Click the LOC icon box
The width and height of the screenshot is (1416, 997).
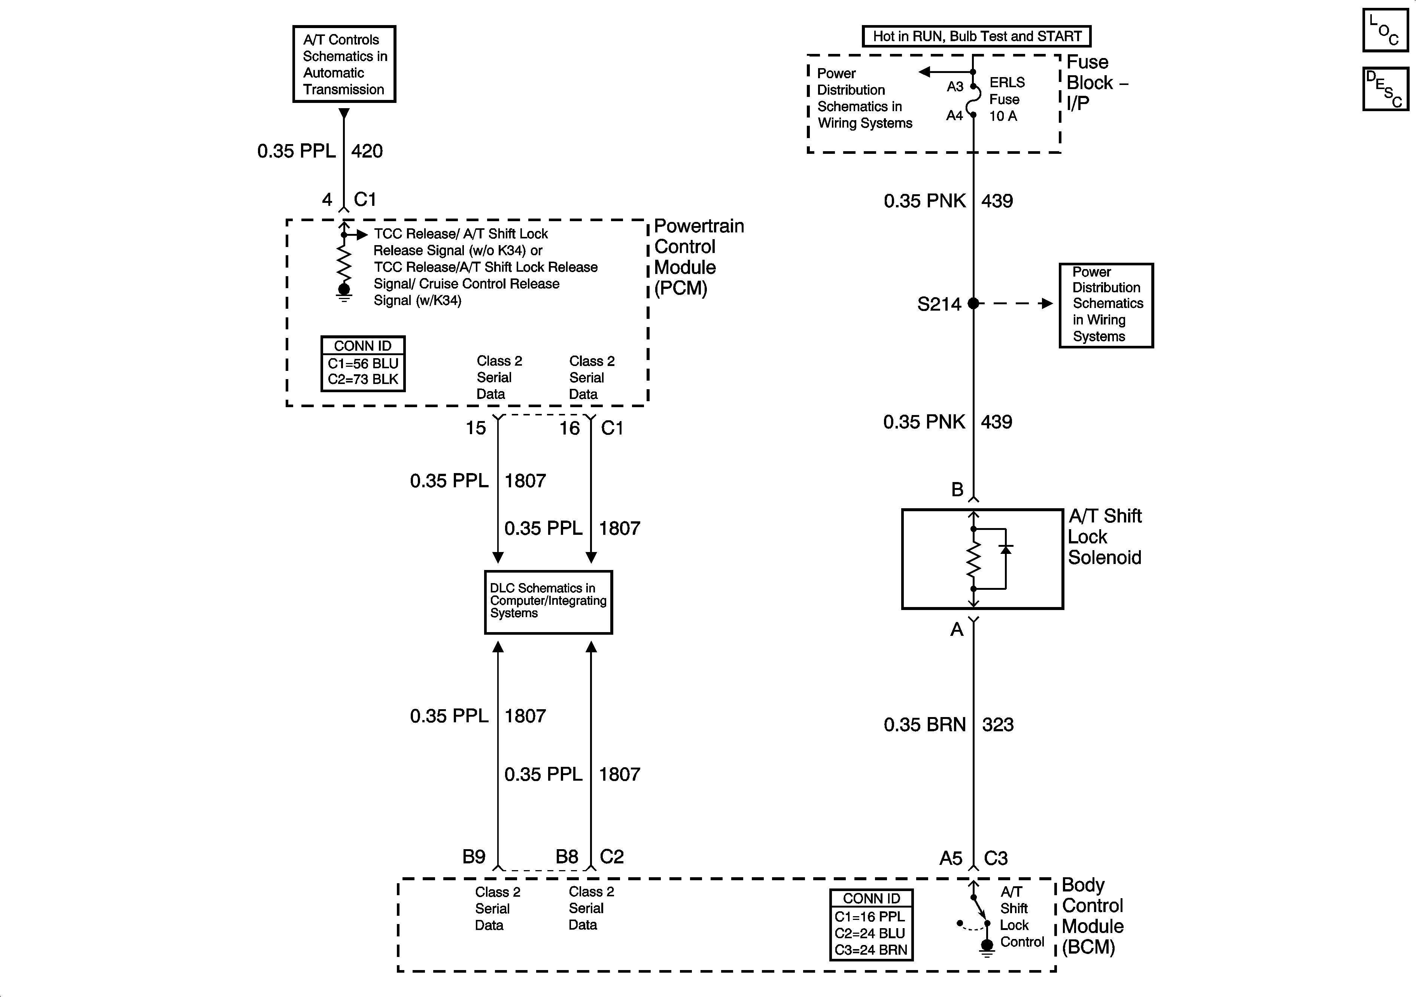[x=1385, y=30]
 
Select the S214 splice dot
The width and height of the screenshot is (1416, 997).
[x=973, y=304]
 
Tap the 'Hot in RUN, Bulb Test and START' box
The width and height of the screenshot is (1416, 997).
[x=976, y=36]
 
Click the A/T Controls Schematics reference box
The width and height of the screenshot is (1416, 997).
[x=344, y=64]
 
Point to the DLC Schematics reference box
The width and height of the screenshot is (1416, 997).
[x=548, y=602]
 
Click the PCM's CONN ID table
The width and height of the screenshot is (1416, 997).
[x=363, y=364]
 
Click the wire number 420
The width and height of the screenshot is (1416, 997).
[x=367, y=151]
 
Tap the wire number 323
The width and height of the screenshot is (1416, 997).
[x=997, y=725]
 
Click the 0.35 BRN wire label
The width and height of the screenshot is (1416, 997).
[x=924, y=725]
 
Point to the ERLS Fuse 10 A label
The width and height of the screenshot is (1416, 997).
[x=1006, y=99]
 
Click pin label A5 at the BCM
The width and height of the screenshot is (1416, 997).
[x=950, y=858]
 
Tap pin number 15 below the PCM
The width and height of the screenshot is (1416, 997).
[x=475, y=428]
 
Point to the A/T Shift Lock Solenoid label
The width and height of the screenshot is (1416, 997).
[x=1104, y=536]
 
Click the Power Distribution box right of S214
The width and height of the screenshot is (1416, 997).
[x=1106, y=305]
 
